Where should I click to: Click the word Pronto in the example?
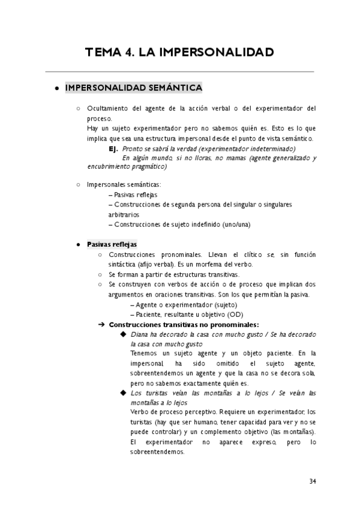(131, 148)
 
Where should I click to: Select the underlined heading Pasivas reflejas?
(112, 244)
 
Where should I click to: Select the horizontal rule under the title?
(179, 72)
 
